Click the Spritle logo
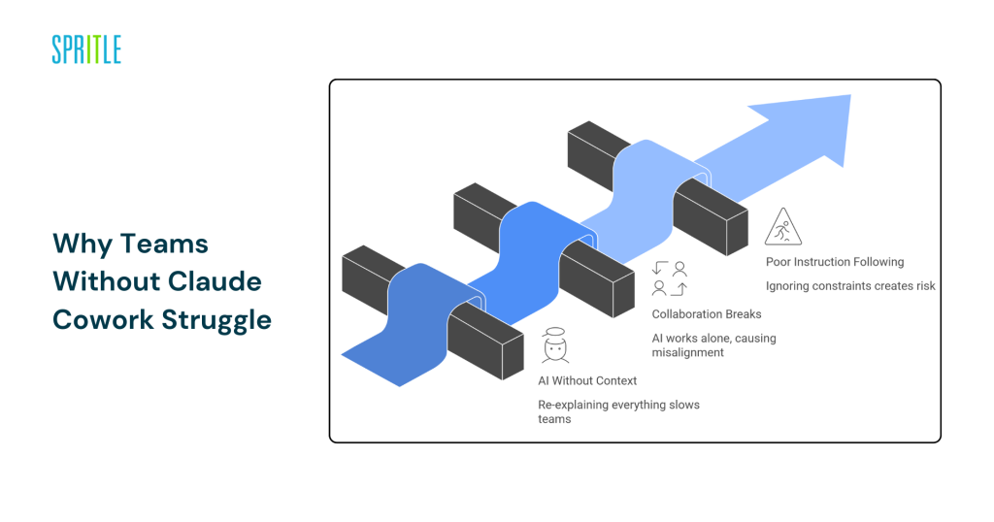click(86, 49)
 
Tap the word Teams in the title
click(156, 243)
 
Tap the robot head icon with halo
click(553, 346)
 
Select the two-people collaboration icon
click(669, 278)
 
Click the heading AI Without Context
click(587, 380)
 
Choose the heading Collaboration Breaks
click(708, 314)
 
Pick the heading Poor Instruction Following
click(835, 262)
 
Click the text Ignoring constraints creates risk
click(850, 285)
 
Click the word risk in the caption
click(922, 285)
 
